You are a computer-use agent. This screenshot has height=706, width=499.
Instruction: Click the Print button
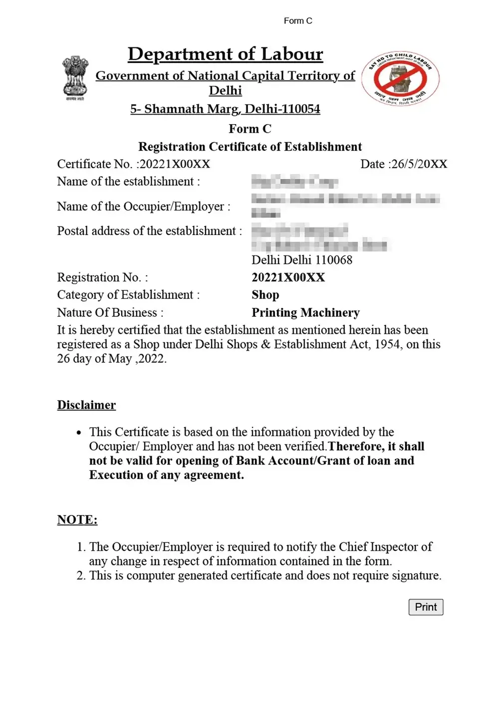[x=426, y=607]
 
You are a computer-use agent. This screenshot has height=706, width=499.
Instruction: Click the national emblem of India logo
[x=75, y=77]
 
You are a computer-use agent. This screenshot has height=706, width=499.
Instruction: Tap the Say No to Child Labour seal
[x=401, y=78]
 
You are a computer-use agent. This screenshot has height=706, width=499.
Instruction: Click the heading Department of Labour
[x=226, y=54]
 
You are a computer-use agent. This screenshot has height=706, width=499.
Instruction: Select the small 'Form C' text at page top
[x=298, y=21]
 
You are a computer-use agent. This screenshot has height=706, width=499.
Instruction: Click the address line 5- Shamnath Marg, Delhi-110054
[x=226, y=109]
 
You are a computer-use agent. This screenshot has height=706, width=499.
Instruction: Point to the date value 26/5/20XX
[x=419, y=164]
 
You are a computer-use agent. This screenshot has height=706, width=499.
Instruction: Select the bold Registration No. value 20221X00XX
[x=288, y=277]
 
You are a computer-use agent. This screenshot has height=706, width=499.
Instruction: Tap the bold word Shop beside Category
[x=265, y=295]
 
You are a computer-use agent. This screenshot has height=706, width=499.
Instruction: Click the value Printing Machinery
[x=305, y=312]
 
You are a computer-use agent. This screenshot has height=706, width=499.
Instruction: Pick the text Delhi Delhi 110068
[x=302, y=260]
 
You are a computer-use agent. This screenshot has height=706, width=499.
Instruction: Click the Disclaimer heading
[x=86, y=405]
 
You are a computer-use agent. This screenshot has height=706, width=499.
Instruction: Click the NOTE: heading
[x=77, y=519]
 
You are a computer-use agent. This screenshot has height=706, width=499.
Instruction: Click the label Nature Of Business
[x=110, y=312]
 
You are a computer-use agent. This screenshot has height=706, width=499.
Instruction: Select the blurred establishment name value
[x=294, y=181]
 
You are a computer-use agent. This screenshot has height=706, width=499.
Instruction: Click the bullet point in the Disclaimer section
[x=79, y=433]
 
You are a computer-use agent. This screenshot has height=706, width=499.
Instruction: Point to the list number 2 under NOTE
[x=81, y=576]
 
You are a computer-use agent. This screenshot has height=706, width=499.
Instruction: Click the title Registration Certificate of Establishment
[x=250, y=147]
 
